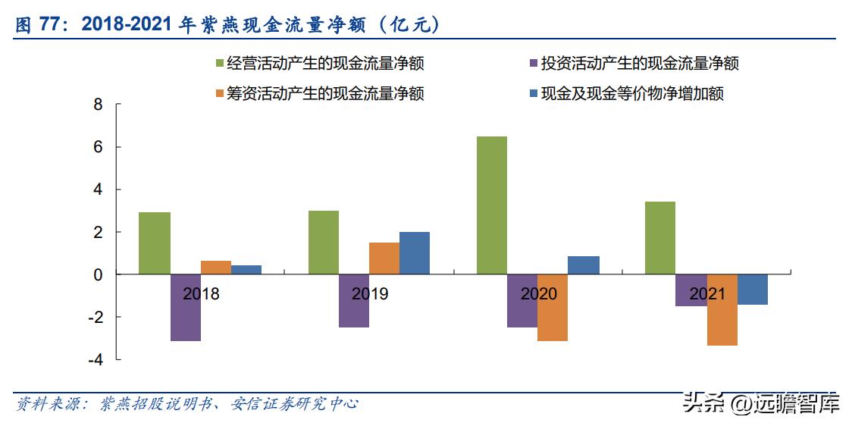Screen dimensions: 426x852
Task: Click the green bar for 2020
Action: tap(491, 205)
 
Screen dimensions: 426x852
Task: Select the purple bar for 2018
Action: tap(185, 308)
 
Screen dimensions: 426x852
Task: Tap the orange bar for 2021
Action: tap(722, 310)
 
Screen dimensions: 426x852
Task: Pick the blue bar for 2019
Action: tap(414, 253)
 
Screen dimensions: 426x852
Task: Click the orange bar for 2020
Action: tap(552, 308)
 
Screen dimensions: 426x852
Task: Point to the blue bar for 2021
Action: tap(752, 290)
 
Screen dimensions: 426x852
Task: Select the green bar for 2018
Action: tap(154, 243)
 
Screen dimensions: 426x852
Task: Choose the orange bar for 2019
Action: tap(384, 258)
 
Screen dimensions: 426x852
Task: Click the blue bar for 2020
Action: tap(583, 265)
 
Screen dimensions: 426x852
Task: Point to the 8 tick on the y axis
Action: tap(97, 105)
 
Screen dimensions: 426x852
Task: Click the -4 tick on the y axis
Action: tap(94, 359)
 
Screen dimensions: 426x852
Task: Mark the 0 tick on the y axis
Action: tap(97, 274)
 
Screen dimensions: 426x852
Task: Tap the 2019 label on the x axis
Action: tap(369, 294)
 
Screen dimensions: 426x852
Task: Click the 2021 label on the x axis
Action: tap(706, 294)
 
